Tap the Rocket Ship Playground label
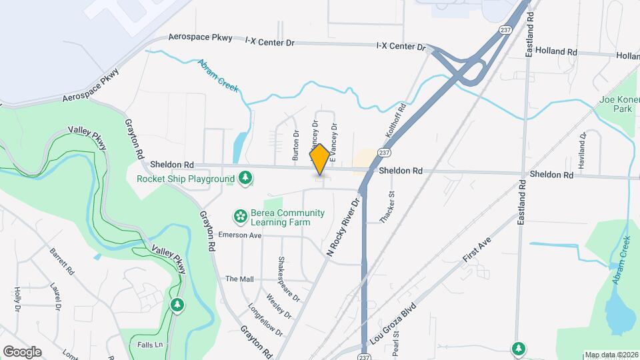(185, 179)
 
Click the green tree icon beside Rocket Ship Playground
(246, 178)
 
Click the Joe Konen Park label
(618, 104)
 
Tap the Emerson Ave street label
(241, 235)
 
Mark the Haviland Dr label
(582, 149)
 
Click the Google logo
(22, 351)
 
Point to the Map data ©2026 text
(611, 355)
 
